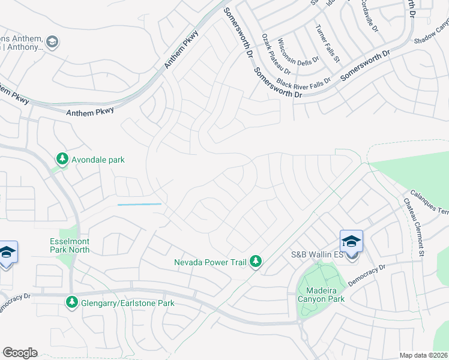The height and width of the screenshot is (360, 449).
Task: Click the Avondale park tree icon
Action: tap(62, 160)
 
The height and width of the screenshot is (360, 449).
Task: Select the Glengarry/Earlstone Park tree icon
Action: tap(73, 302)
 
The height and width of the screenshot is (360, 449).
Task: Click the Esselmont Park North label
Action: tap(70, 245)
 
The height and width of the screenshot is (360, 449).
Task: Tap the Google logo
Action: tap(20, 353)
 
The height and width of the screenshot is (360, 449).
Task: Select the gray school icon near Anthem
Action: tap(52, 41)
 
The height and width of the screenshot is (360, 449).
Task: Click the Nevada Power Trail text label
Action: tap(210, 262)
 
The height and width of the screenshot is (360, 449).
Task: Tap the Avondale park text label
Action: tap(98, 160)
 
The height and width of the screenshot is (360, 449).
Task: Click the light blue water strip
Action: tap(139, 205)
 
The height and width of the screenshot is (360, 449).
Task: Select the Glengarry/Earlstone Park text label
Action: tap(128, 303)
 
